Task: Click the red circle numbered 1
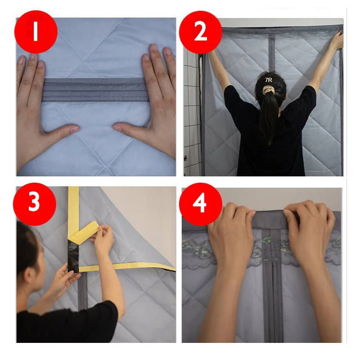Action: (36, 32)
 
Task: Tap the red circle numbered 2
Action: (200, 32)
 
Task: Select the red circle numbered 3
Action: (35, 204)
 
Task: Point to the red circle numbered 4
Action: (201, 204)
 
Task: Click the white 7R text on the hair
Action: (268, 80)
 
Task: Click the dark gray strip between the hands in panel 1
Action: (95, 90)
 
